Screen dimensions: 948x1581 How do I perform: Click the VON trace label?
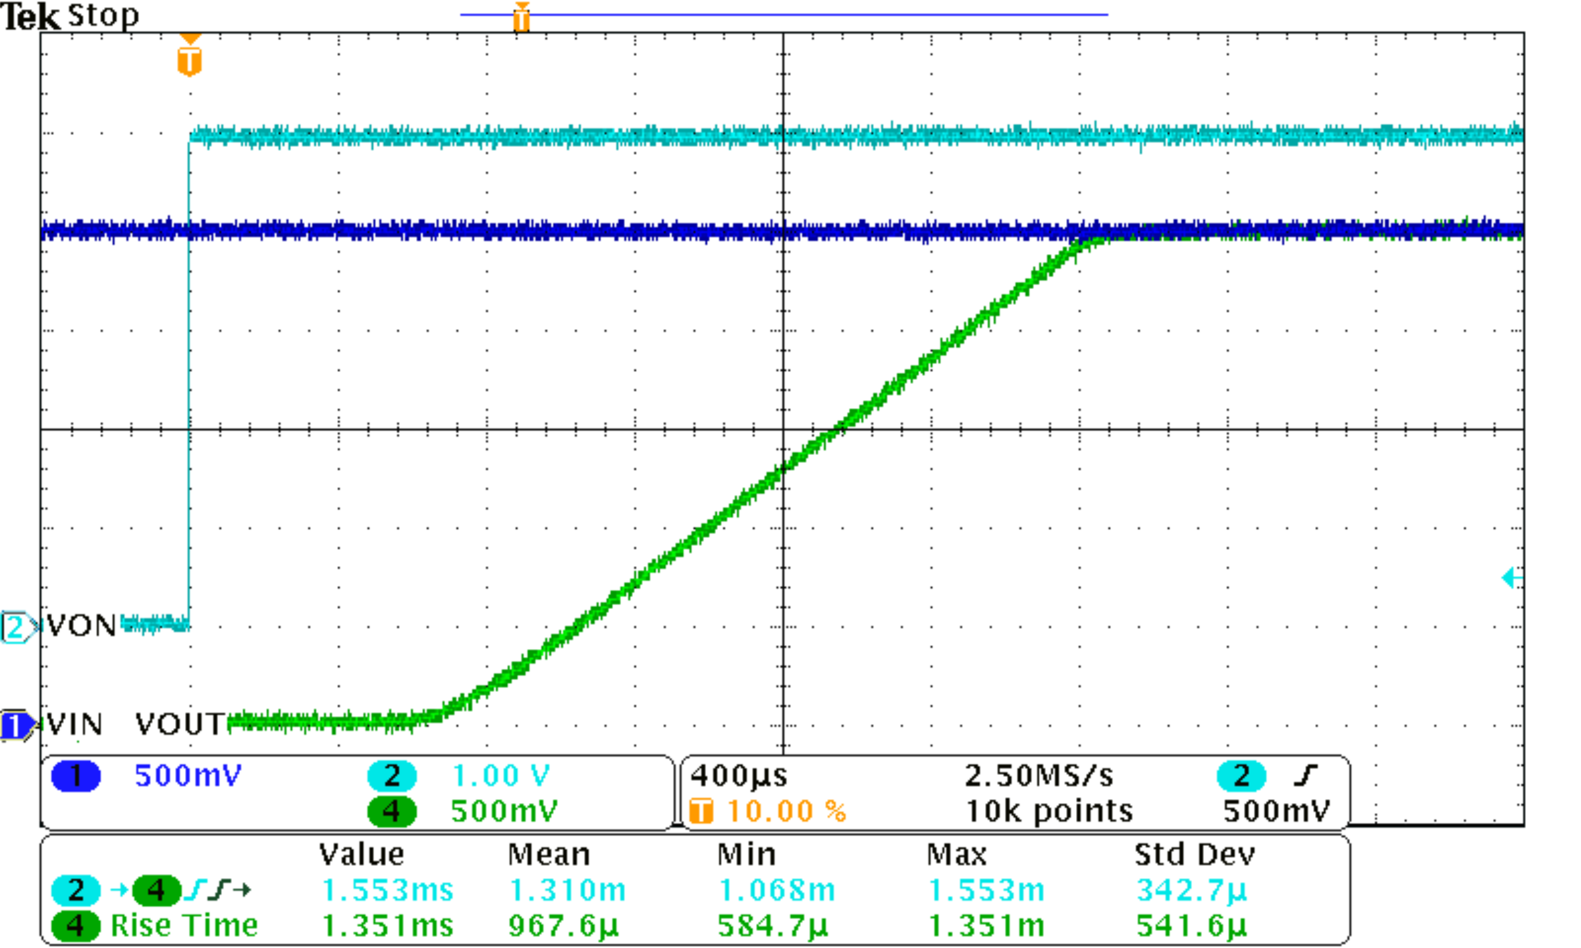(x=81, y=625)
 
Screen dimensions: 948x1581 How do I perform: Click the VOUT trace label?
(x=180, y=724)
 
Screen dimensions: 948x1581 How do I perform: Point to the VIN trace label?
(x=74, y=724)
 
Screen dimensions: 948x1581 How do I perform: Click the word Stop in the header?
(x=103, y=15)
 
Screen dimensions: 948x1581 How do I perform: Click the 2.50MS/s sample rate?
(x=1039, y=775)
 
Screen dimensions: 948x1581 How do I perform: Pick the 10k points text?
(x=1048, y=811)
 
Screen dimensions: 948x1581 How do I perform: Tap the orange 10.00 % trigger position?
(x=786, y=811)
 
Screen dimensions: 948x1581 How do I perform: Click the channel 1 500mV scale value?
(x=188, y=775)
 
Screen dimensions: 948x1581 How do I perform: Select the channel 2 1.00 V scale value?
(x=500, y=775)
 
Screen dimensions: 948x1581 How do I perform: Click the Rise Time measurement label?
(x=184, y=926)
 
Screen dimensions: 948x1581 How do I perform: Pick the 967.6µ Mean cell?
(x=563, y=926)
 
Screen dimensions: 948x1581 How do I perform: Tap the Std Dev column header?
(x=1195, y=855)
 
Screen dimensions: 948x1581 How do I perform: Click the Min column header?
(x=746, y=855)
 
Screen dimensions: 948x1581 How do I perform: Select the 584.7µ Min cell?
(x=772, y=926)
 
